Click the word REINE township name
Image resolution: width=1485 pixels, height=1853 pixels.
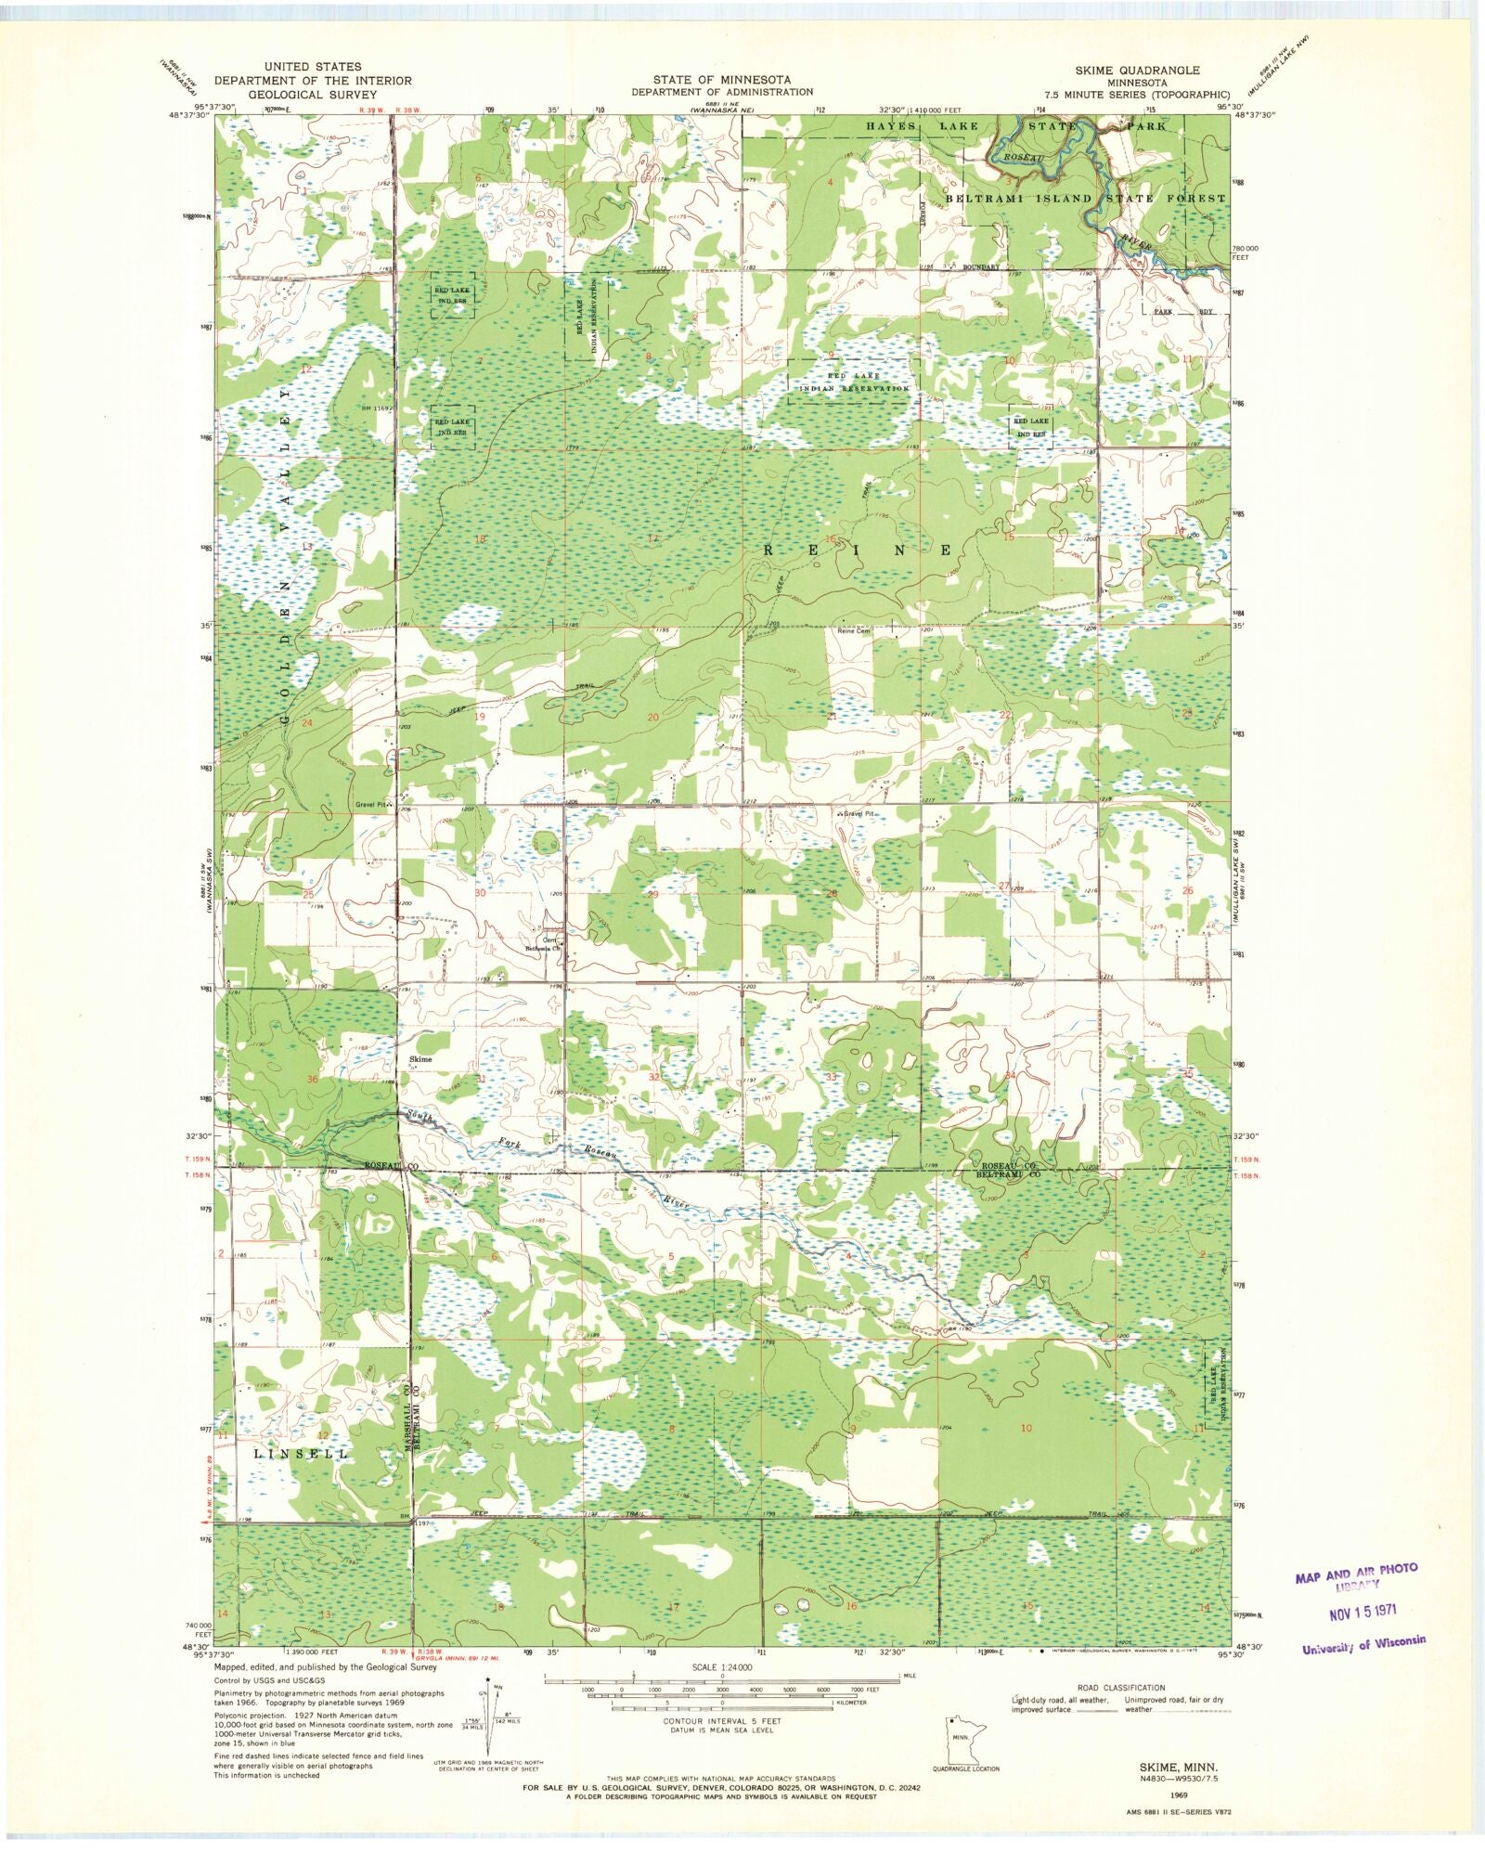pos(858,551)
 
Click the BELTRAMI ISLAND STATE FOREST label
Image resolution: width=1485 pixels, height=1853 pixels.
pos(1086,199)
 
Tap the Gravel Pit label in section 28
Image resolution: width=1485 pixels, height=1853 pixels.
pos(859,813)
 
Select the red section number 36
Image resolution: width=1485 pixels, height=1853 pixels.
pos(313,1079)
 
